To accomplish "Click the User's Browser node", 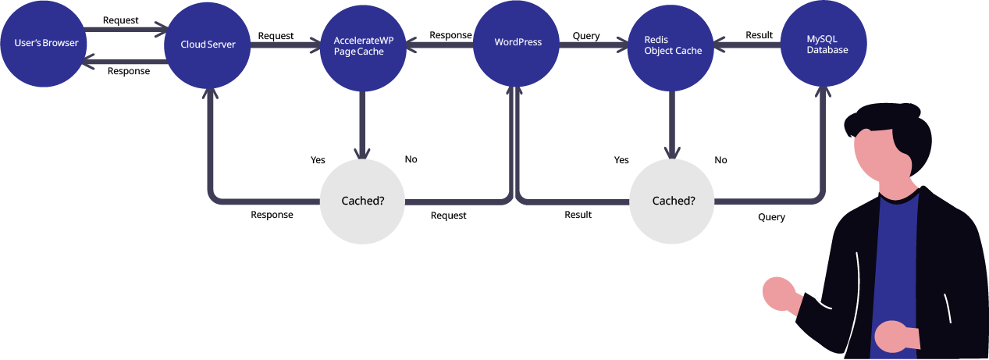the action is tap(43, 44).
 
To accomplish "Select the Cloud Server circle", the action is tap(208, 45).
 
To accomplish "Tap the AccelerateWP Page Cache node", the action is tap(363, 48).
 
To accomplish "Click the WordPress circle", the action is tap(516, 44).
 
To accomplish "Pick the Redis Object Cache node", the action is tap(671, 48).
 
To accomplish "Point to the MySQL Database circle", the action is tap(824, 44).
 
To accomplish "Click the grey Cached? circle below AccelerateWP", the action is tap(362, 201).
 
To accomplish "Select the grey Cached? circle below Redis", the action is tap(671, 201).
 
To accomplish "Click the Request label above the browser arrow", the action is tap(120, 20).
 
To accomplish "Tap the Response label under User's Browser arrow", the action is tap(129, 71).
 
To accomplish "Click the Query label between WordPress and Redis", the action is tap(586, 36).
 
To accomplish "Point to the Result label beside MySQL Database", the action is tap(759, 35).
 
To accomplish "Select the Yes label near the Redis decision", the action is tap(621, 160).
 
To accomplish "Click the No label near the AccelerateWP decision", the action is tap(411, 159).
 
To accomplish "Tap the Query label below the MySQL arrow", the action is tap(771, 217).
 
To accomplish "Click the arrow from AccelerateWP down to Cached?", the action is tap(362, 125).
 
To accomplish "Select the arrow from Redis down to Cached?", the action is tap(672, 125).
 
